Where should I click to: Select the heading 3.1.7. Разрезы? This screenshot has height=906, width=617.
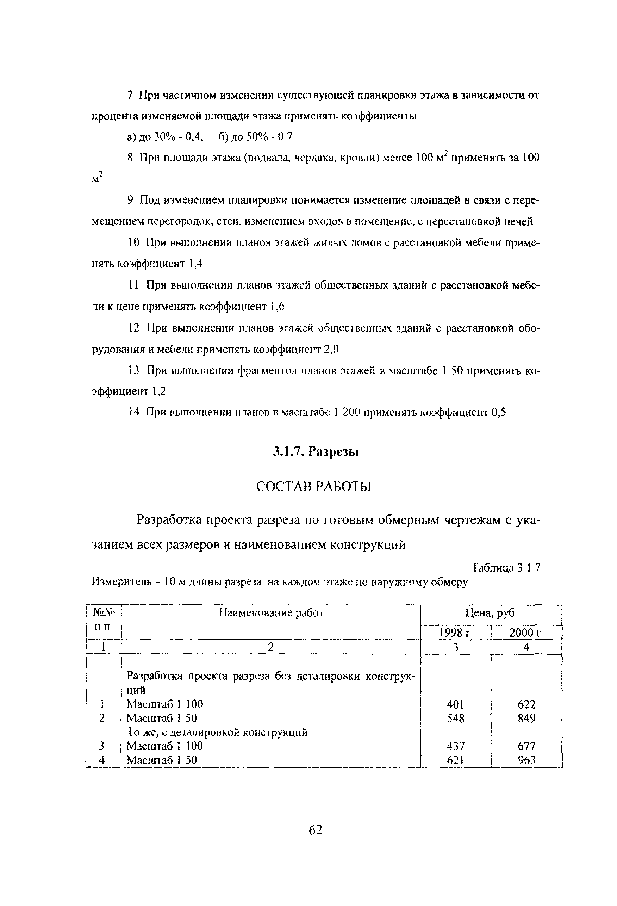(x=316, y=452)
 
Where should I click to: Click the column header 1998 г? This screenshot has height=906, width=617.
(x=455, y=633)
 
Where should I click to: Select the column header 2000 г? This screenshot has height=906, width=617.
(x=525, y=633)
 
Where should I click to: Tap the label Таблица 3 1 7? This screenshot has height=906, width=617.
(x=506, y=568)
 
